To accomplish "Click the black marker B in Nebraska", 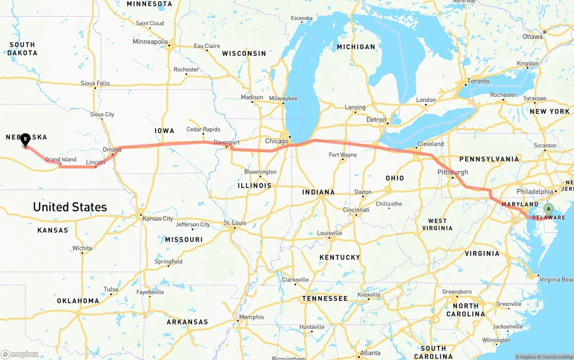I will pyautogui.click(x=26, y=139).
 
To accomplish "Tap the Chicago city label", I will pyautogui.click(x=277, y=141).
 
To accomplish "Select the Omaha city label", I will pyautogui.click(x=112, y=149).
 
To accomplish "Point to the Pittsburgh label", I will pyautogui.click(x=452, y=172).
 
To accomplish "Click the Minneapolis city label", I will pyautogui.click(x=150, y=42).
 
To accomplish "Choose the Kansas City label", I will pyautogui.click(x=157, y=219).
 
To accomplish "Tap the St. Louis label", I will pyautogui.click(x=235, y=223).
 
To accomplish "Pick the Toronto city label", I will pyautogui.click(x=478, y=81).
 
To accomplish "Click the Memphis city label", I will pyautogui.click(x=251, y=317).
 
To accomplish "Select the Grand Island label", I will pyautogui.click(x=61, y=160).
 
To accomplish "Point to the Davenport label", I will pyautogui.click(x=226, y=143).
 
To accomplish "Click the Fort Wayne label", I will pyautogui.click(x=343, y=155).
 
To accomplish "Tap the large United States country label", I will pyautogui.click(x=70, y=207).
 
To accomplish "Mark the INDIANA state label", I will pyautogui.click(x=318, y=192).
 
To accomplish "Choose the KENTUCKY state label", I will pyautogui.click(x=339, y=257).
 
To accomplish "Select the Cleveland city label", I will pyautogui.click(x=430, y=144).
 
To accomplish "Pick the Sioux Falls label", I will pyautogui.click(x=95, y=83).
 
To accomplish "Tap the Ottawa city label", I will pyautogui.click(x=532, y=37).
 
